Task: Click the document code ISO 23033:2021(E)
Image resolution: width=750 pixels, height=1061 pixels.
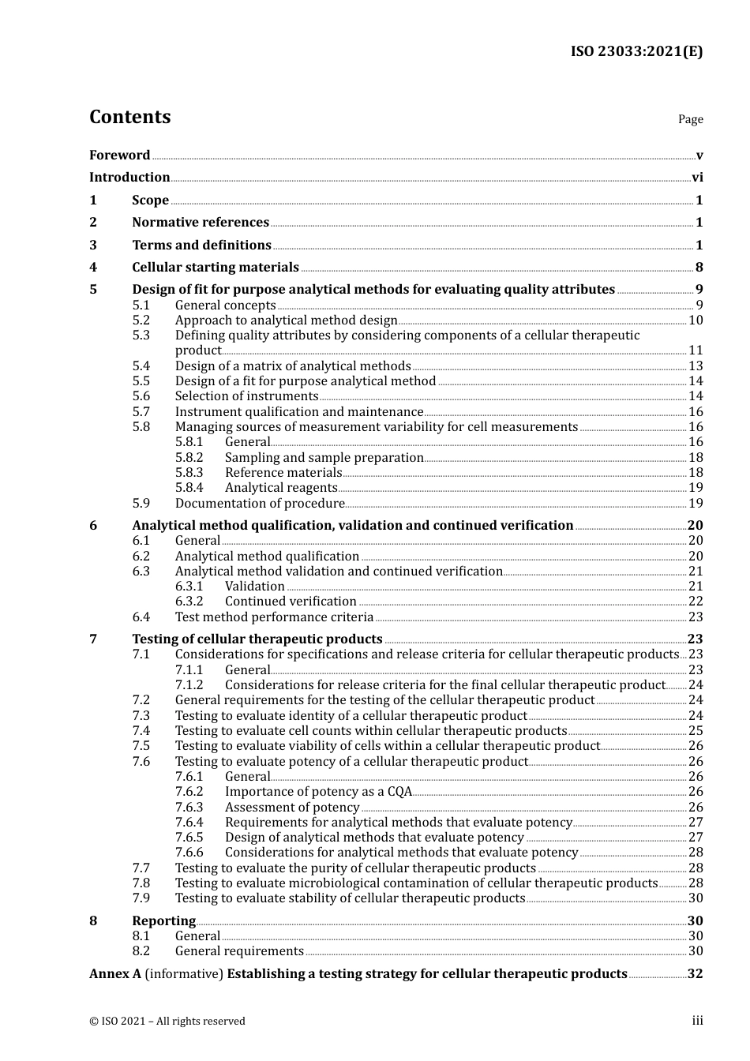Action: (x=636, y=51)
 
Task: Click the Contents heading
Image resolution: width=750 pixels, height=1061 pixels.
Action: (x=129, y=117)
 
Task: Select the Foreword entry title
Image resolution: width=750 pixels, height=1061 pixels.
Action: (x=119, y=155)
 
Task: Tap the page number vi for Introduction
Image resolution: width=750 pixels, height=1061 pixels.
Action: (x=697, y=178)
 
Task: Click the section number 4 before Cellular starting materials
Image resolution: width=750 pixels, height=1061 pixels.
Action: (x=93, y=268)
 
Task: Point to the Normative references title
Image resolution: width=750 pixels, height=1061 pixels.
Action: (x=201, y=223)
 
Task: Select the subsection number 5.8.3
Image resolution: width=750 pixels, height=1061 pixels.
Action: (x=189, y=473)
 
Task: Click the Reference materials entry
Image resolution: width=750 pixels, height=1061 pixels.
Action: (x=283, y=473)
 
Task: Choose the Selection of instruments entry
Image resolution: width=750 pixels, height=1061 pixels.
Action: (x=246, y=396)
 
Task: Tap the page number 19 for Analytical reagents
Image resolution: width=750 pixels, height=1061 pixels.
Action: (x=696, y=488)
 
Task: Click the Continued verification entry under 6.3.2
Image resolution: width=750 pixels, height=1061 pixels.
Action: (x=279, y=602)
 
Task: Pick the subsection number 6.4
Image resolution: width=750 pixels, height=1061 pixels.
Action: (x=141, y=617)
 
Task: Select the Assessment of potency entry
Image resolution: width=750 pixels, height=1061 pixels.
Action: (x=292, y=808)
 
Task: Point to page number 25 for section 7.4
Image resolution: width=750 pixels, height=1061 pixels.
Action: (x=696, y=731)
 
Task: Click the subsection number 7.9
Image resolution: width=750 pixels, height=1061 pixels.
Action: (x=141, y=898)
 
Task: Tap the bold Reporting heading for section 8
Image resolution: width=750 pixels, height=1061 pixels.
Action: (x=163, y=921)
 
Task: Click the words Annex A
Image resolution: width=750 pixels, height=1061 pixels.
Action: (x=115, y=974)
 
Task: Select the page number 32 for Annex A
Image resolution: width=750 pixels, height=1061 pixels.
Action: (x=695, y=974)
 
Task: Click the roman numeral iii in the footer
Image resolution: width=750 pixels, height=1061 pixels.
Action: (x=697, y=1021)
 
